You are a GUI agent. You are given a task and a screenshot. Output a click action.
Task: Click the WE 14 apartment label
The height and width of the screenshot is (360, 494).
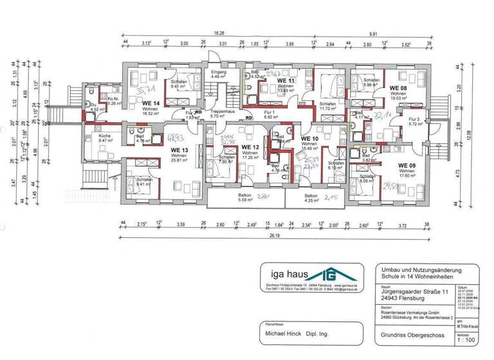151,104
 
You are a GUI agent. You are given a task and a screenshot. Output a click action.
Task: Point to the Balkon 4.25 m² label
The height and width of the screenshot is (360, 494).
311,198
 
